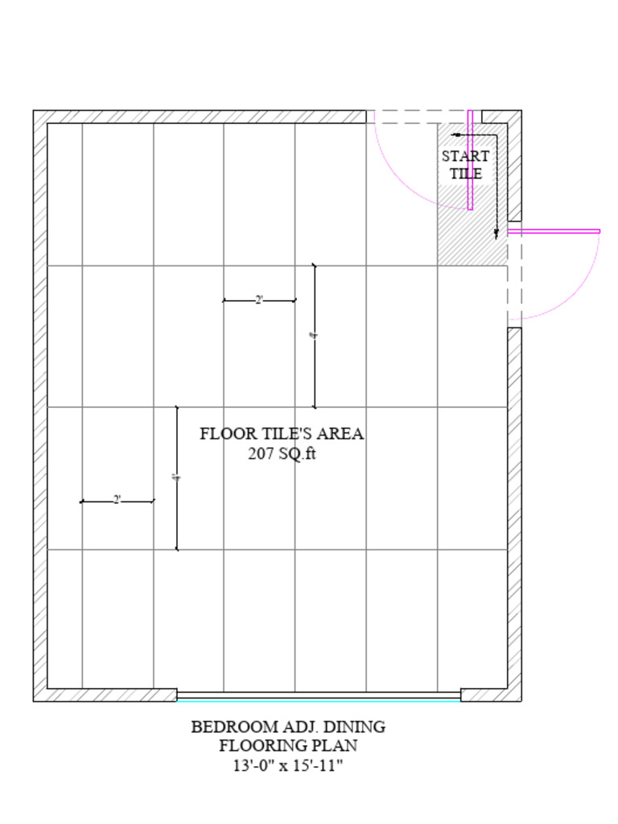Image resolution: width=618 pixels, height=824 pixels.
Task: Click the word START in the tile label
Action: [464, 156]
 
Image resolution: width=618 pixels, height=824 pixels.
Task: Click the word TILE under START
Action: [466, 173]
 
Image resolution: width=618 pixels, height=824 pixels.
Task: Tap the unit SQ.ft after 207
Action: [298, 453]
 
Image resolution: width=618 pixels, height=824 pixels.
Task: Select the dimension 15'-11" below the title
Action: [316, 764]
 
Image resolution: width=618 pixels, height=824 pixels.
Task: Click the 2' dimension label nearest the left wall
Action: [117, 500]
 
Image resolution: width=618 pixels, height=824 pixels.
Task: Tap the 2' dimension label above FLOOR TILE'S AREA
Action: [259, 299]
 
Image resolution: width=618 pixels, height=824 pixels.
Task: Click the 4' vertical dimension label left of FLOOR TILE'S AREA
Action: [176, 478]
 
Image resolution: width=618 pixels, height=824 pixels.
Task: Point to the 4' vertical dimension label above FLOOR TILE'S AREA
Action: [314, 336]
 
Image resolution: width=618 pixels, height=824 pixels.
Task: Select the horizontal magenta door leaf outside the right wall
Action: [554, 231]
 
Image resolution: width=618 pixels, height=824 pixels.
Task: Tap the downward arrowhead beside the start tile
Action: [496, 233]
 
